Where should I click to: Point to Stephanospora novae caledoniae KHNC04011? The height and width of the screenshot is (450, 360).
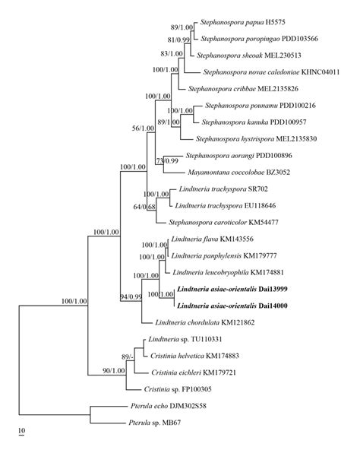271,72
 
